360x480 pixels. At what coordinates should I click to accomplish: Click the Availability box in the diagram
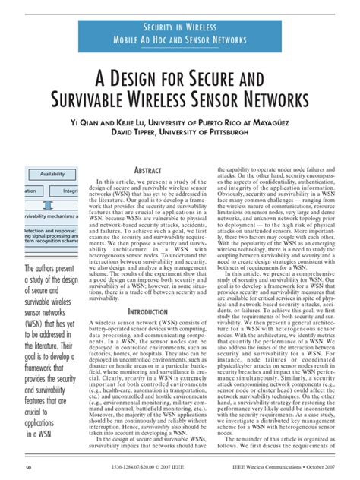pos(52,173)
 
